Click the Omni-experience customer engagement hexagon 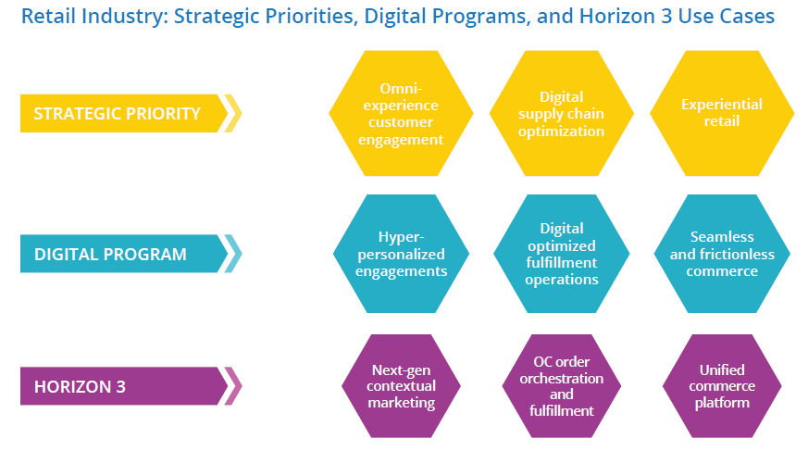(401, 113)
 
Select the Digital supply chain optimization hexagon (561, 113)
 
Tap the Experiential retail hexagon (722, 113)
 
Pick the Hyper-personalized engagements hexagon (401, 254)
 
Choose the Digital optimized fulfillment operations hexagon (561, 254)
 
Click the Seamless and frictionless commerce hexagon (722, 254)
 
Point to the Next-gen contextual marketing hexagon (401, 386)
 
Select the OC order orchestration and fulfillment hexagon (561, 386)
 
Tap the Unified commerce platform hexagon (722, 386)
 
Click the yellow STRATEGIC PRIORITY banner (124, 113)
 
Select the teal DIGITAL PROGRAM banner (124, 254)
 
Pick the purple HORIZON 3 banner (124, 386)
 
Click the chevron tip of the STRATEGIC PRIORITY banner (242, 113)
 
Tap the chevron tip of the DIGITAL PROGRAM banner (242, 254)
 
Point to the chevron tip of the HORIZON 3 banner (242, 386)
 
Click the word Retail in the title (48, 16)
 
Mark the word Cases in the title (747, 17)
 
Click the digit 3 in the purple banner (120, 386)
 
